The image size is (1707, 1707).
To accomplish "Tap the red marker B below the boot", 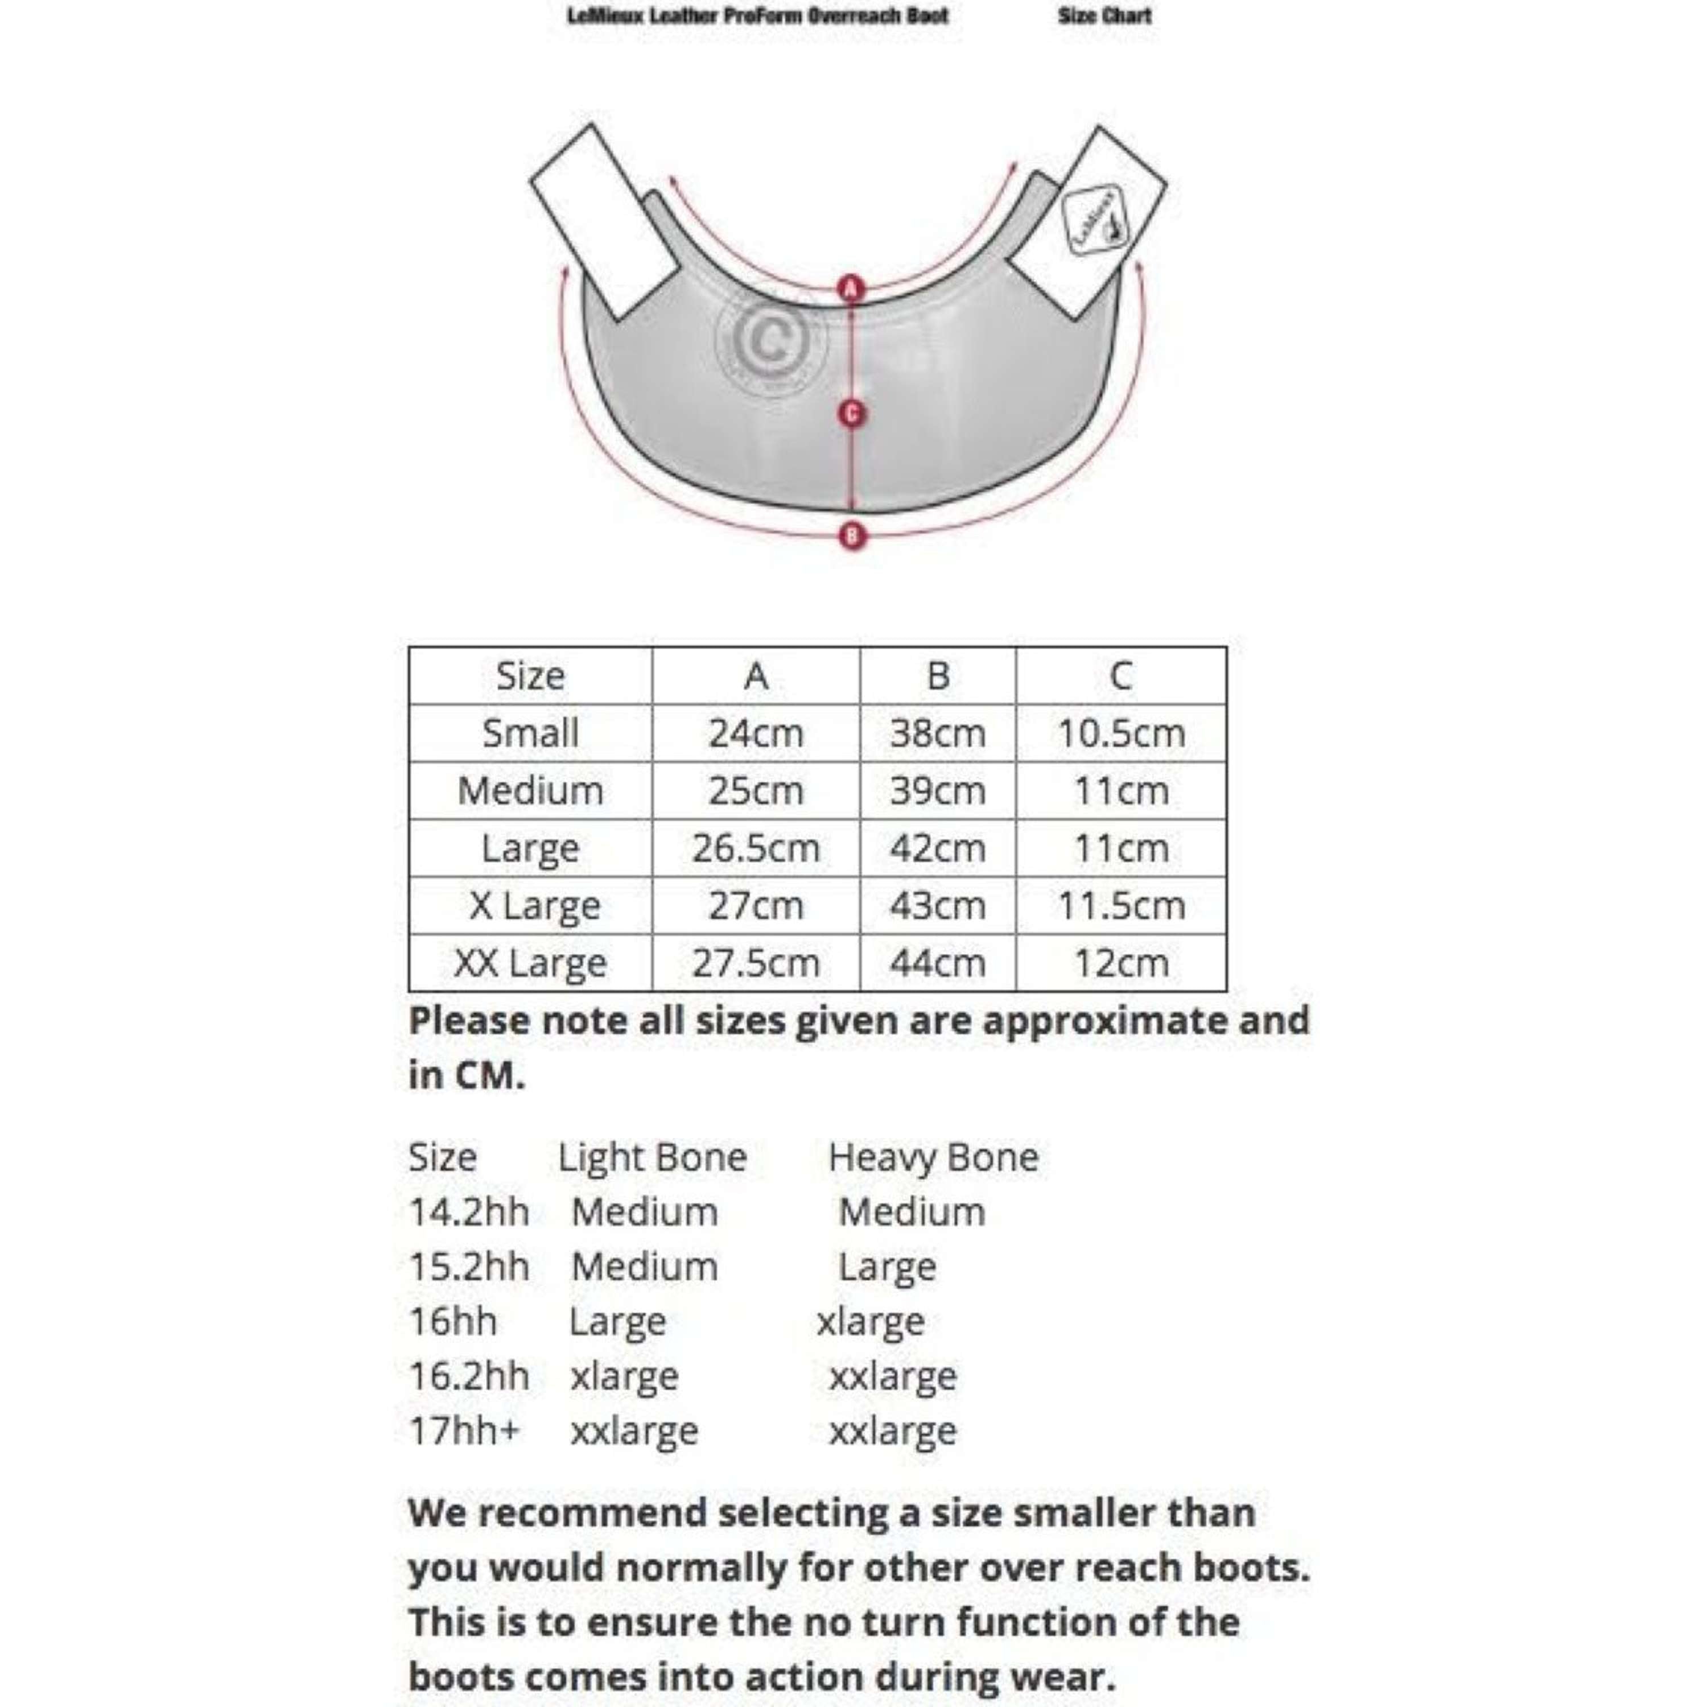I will click(x=852, y=535).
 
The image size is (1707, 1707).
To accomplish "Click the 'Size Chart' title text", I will click(x=1104, y=16).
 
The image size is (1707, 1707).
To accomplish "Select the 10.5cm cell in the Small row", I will click(x=1120, y=733).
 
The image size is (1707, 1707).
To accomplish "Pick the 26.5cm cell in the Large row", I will click(x=756, y=848).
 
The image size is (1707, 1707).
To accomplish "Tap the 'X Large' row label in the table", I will click(x=534, y=906).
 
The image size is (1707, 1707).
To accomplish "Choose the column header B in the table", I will click(x=938, y=676).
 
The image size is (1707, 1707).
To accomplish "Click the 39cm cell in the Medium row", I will click(x=938, y=791).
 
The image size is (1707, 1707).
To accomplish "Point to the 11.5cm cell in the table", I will click(x=1120, y=906).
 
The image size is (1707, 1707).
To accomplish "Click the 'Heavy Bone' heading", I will click(x=933, y=1157).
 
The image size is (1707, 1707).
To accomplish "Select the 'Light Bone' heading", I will click(x=652, y=1157).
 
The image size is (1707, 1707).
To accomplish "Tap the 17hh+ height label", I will click(x=464, y=1430).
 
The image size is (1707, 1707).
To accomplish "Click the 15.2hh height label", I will click(x=468, y=1267).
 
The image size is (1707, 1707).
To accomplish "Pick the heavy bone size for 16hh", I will click(x=871, y=1322).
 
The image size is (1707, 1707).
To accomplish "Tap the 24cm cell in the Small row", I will click(x=756, y=733).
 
